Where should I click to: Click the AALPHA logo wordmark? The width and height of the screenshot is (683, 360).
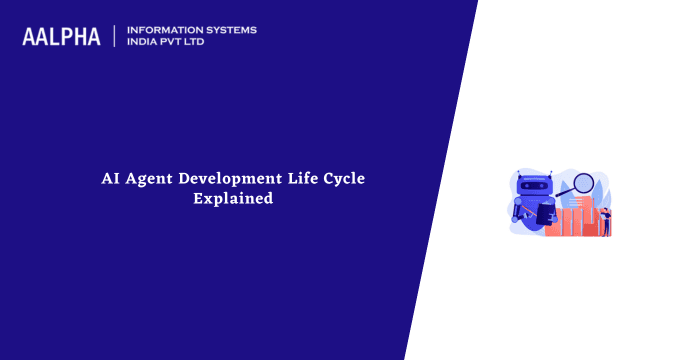[x=61, y=37]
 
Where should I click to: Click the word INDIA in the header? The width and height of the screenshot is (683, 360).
[x=144, y=43]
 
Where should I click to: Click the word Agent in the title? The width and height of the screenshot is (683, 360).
[x=149, y=180]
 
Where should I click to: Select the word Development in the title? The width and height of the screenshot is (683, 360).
[x=230, y=180]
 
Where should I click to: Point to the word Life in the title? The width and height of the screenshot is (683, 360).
[x=302, y=180]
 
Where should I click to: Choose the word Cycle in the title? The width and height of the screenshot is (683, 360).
[x=345, y=180]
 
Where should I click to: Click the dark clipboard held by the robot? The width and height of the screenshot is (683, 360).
[x=545, y=213]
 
